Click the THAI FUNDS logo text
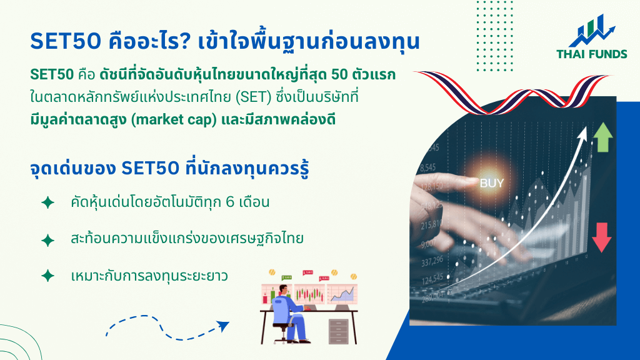(591, 54)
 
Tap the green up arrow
(602, 137)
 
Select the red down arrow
(601, 237)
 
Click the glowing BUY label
(492, 183)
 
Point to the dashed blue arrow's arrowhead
(223, 326)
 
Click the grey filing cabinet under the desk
(338, 331)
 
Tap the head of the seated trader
(283, 289)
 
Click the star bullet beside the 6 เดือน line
(47, 202)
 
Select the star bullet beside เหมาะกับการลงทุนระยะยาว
(47, 276)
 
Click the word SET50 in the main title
(65, 41)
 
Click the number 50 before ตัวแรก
(339, 75)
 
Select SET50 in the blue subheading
(150, 168)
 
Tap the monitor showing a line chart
(342, 294)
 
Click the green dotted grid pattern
(495, 36)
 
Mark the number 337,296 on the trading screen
(432, 261)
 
